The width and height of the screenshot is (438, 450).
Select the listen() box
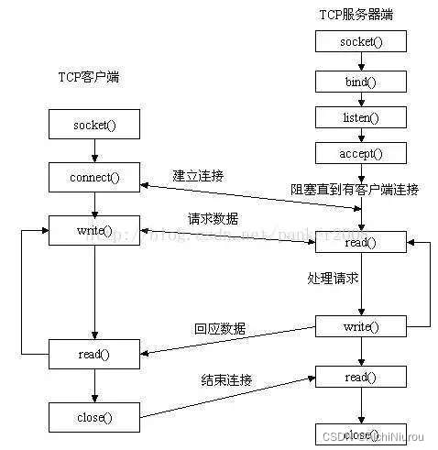(359, 117)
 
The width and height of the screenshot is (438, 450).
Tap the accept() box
(359, 154)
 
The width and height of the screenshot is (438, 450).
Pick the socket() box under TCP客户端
(93, 124)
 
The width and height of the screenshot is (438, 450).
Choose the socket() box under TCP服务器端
(359, 41)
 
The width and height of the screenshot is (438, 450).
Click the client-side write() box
(93, 229)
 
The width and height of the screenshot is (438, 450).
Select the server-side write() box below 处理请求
(359, 326)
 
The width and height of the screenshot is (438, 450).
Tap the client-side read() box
(93, 353)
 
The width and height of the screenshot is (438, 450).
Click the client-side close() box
(93, 417)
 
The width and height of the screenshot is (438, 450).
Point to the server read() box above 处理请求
(359, 242)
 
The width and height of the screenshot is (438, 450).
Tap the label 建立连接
(197, 174)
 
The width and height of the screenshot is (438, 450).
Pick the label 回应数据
(220, 328)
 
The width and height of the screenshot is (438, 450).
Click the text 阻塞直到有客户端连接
(355, 190)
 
